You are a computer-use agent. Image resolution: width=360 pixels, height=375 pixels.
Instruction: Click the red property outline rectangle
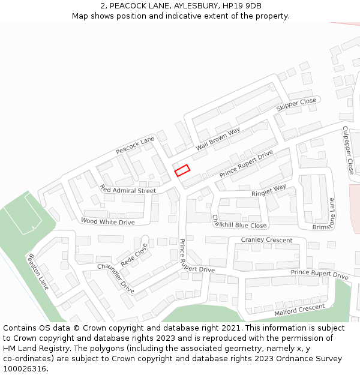click(182, 170)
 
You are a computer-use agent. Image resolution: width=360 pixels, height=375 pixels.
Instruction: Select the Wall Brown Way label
click(218, 139)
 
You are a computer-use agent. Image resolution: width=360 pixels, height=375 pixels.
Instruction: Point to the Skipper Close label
click(296, 104)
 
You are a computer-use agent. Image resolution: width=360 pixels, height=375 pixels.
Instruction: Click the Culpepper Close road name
click(348, 150)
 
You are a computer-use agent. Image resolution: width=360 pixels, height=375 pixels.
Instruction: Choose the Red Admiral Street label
click(128, 190)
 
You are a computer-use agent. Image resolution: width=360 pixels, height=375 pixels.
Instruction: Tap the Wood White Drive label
click(108, 222)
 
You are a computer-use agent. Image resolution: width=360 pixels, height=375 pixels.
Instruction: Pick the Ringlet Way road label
click(269, 191)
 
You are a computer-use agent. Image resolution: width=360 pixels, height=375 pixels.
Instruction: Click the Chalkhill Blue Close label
click(238, 221)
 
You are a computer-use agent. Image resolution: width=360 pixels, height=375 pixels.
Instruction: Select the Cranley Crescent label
click(266, 240)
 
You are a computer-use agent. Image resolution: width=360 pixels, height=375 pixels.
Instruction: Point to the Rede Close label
click(134, 255)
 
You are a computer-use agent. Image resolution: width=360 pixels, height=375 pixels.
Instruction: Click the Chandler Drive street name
click(116, 278)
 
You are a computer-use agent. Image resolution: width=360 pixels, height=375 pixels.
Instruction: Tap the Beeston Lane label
click(38, 271)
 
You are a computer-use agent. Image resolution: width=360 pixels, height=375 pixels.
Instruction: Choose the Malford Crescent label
click(299, 310)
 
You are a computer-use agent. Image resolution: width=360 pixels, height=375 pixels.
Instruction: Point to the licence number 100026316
click(24, 369)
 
